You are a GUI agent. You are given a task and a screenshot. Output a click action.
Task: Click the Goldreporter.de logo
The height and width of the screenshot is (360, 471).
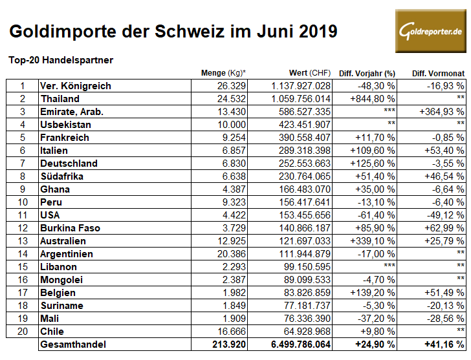[431, 31]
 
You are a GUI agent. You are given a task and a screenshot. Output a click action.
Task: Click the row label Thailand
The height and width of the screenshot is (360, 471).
[60, 99]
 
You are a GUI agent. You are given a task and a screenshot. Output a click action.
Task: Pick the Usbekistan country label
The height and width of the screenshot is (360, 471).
[65, 125]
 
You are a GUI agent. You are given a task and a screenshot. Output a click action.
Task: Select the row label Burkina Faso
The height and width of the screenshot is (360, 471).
[70, 228]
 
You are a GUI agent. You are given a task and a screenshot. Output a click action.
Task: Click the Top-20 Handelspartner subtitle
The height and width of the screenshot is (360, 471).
[61, 60]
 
